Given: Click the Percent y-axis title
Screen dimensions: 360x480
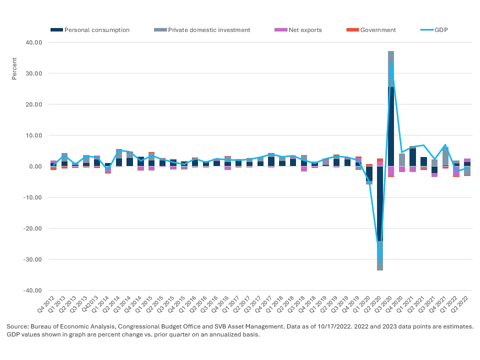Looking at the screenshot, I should (14, 70).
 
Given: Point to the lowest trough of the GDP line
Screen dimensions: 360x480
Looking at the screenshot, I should (380, 262).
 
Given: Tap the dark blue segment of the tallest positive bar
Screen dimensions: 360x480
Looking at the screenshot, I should (391, 125).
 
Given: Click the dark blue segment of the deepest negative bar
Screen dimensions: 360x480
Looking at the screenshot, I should (380, 205).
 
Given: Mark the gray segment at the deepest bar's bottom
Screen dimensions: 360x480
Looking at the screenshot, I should (380, 256).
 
